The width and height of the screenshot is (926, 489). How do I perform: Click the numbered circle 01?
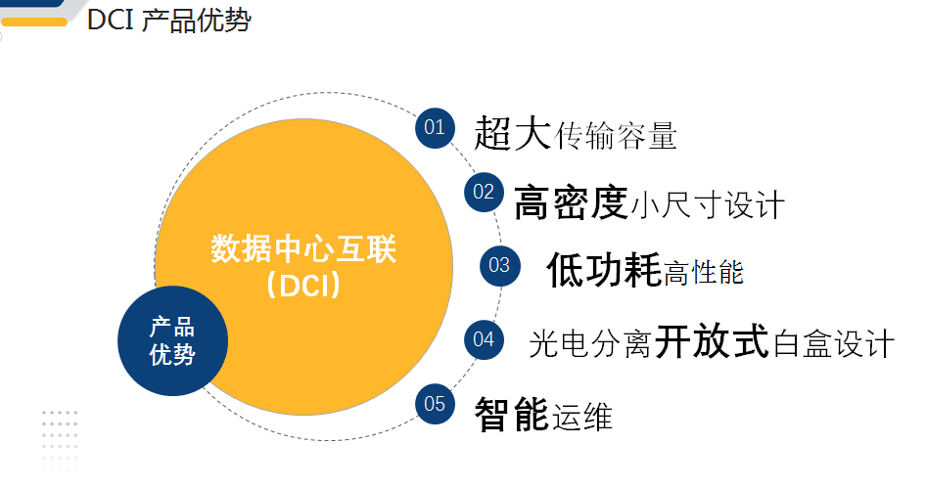435,128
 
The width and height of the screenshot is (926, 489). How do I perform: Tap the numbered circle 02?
484,193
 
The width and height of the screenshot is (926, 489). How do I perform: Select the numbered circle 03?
499,266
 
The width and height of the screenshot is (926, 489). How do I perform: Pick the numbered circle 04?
484,339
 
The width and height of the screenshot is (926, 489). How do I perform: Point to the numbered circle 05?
435,404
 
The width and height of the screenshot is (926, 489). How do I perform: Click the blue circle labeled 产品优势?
172,341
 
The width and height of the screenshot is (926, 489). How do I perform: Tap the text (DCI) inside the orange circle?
303,286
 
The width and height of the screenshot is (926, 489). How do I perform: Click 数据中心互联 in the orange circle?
303,248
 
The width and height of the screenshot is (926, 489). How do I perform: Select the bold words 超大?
513,133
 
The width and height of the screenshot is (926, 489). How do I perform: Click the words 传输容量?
615,136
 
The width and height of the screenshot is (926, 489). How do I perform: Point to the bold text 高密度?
571,202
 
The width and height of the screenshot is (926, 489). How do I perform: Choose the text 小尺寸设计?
708,205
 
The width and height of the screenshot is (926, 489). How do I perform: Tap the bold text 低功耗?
604,270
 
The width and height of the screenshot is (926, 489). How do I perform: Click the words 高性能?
704,273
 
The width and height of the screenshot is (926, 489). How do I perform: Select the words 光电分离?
590,344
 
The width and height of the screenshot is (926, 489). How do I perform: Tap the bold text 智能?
512,414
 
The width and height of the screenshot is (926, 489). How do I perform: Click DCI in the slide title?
111,21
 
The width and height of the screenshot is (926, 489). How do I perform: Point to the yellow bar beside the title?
34,22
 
